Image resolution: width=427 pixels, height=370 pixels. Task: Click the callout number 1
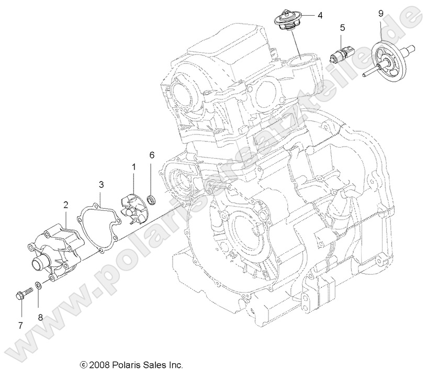click(133, 167)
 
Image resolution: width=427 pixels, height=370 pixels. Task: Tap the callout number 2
click(66, 205)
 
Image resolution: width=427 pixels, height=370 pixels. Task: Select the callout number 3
click(101, 184)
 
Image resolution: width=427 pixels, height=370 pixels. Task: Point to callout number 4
click(320, 16)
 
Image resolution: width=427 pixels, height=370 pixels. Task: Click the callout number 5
click(342, 27)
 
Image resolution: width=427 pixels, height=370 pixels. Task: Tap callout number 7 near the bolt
click(20, 326)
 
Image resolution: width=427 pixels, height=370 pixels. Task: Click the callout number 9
click(381, 13)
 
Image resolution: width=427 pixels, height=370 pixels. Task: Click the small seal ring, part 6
click(152, 199)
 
